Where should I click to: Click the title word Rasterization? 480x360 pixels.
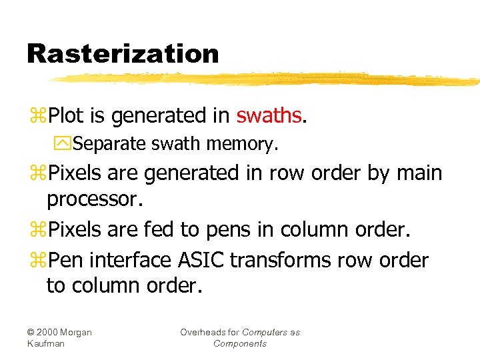[123, 53]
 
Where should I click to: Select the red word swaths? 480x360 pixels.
[269, 116]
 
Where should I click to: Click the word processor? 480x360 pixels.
[95, 199]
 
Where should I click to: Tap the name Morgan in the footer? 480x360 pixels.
[79, 332]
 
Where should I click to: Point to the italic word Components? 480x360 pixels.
[240, 343]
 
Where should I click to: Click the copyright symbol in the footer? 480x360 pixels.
[31, 332]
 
